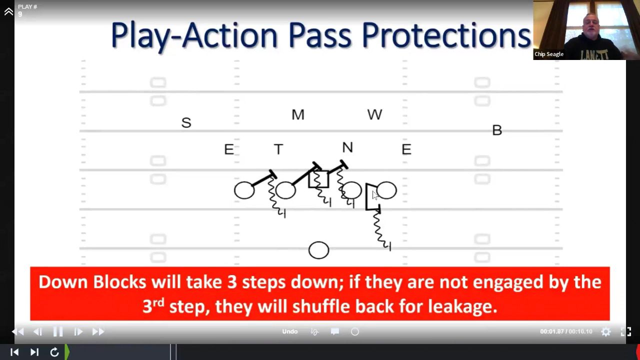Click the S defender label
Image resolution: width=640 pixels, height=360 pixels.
(x=186, y=122)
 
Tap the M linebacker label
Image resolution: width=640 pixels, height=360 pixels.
(x=298, y=115)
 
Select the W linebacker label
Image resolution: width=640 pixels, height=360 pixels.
(x=374, y=114)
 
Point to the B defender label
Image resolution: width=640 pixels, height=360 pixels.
(x=497, y=130)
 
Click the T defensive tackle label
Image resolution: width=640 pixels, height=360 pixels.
(x=278, y=149)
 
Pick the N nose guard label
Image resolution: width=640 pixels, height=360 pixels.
(x=347, y=147)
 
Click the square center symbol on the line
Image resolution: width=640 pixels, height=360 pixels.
(x=318, y=179)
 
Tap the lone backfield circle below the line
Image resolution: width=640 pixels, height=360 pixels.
(x=319, y=250)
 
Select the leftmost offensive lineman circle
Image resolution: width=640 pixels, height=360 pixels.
(x=244, y=190)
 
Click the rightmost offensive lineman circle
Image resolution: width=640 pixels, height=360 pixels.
(x=386, y=190)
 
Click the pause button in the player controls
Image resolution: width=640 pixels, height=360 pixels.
(x=58, y=331)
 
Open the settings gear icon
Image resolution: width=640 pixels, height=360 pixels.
(x=605, y=331)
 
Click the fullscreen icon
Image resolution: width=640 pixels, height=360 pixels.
(x=626, y=331)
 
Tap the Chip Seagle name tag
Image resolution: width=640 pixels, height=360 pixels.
(x=549, y=54)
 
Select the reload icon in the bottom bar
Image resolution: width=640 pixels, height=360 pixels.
(x=54, y=352)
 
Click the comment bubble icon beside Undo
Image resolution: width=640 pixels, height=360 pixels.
(x=335, y=331)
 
